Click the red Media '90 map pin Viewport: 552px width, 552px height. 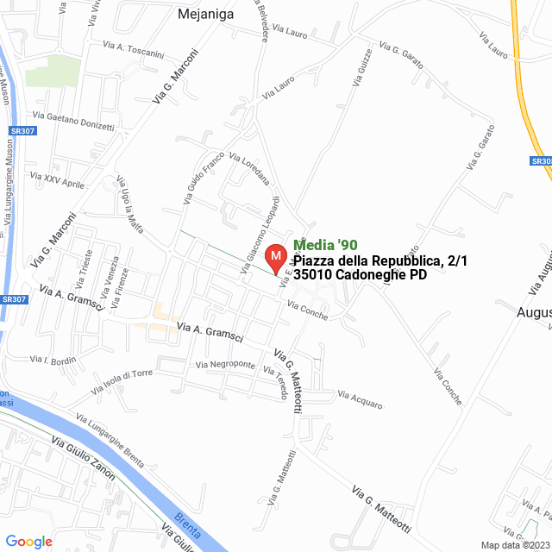pyautogui.click(x=275, y=258)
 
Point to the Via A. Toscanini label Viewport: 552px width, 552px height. pyautogui.click(x=133, y=47)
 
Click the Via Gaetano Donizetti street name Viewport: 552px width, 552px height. pyautogui.click(x=73, y=121)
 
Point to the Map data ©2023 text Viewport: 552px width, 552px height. pyautogui.click(x=513, y=545)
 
